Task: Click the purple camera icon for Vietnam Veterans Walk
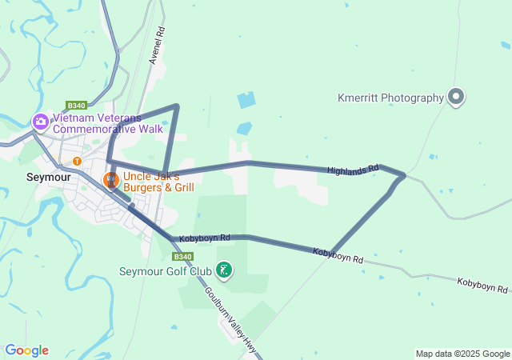[40, 122]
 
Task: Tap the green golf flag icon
[225, 270]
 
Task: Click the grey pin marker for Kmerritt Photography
[456, 97]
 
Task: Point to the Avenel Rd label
[157, 46]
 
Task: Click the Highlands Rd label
[352, 170]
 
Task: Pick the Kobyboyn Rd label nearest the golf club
[205, 238]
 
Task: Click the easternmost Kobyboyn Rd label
[482, 285]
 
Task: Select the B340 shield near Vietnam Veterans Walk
[77, 105]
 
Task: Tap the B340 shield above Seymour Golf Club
[182, 256]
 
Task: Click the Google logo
[26, 350]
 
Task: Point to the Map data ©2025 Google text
[462, 354]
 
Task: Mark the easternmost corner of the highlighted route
[405, 174]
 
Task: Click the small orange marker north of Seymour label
[77, 161]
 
